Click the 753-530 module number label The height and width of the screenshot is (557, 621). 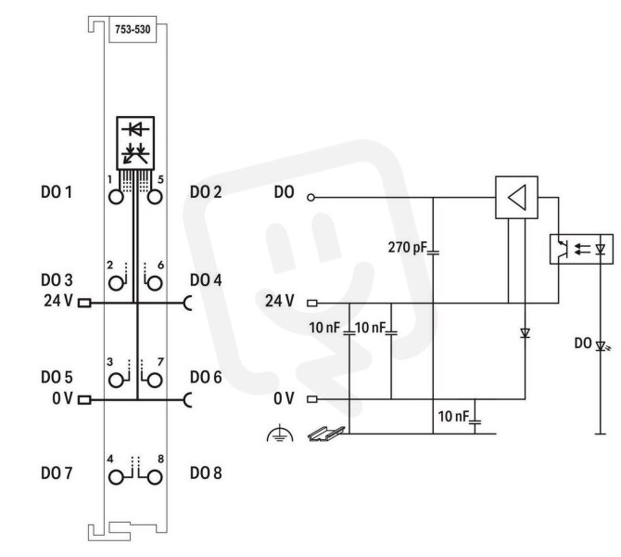133,30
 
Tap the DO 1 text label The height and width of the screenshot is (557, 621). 57,192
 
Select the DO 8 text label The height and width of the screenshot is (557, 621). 206,473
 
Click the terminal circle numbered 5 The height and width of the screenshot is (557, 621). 155,197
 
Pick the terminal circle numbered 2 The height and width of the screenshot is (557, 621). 116,283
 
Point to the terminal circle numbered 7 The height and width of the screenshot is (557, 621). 155,381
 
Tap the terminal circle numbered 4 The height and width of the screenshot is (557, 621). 116,477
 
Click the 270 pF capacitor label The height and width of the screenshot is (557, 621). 408,248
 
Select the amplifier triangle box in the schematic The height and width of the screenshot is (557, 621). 516,197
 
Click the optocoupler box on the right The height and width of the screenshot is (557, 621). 581,249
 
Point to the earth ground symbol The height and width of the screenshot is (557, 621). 280,434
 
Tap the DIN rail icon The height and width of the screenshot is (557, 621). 326,434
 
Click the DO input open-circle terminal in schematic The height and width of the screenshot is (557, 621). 310,197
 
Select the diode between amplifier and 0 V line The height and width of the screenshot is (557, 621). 526,333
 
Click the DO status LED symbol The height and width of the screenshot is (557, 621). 602,346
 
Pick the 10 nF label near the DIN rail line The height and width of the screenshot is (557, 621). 453,417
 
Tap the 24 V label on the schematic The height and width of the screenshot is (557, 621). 280,301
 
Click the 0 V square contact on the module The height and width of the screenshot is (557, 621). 84,400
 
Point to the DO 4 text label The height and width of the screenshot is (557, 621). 206,280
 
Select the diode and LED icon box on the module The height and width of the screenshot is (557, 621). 135,143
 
